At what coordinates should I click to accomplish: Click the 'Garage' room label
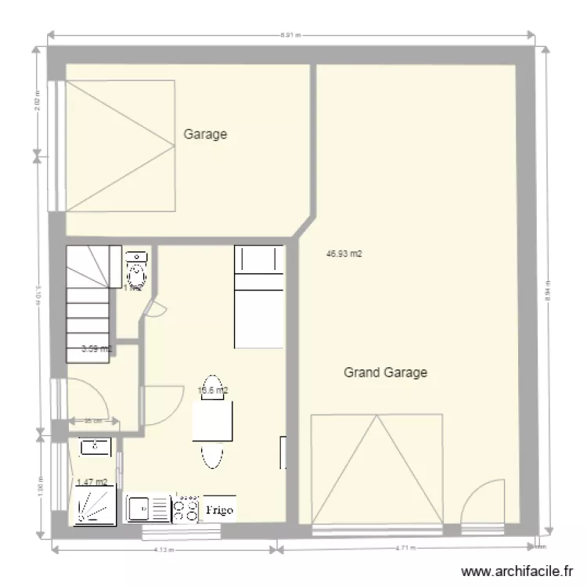[x=205, y=134]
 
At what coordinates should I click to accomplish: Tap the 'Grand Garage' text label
[x=385, y=373]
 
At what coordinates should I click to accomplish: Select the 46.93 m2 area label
[x=345, y=254]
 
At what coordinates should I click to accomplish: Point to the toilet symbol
[x=136, y=271]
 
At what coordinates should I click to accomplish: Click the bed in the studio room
[x=258, y=296]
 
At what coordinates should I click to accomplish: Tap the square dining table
[x=213, y=421]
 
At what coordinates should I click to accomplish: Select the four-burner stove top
[x=186, y=510]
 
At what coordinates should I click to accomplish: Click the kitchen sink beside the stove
[x=149, y=510]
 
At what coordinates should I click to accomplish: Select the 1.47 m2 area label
[x=92, y=482]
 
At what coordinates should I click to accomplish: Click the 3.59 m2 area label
[x=96, y=349]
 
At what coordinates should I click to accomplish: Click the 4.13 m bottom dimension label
[x=163, y=549]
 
